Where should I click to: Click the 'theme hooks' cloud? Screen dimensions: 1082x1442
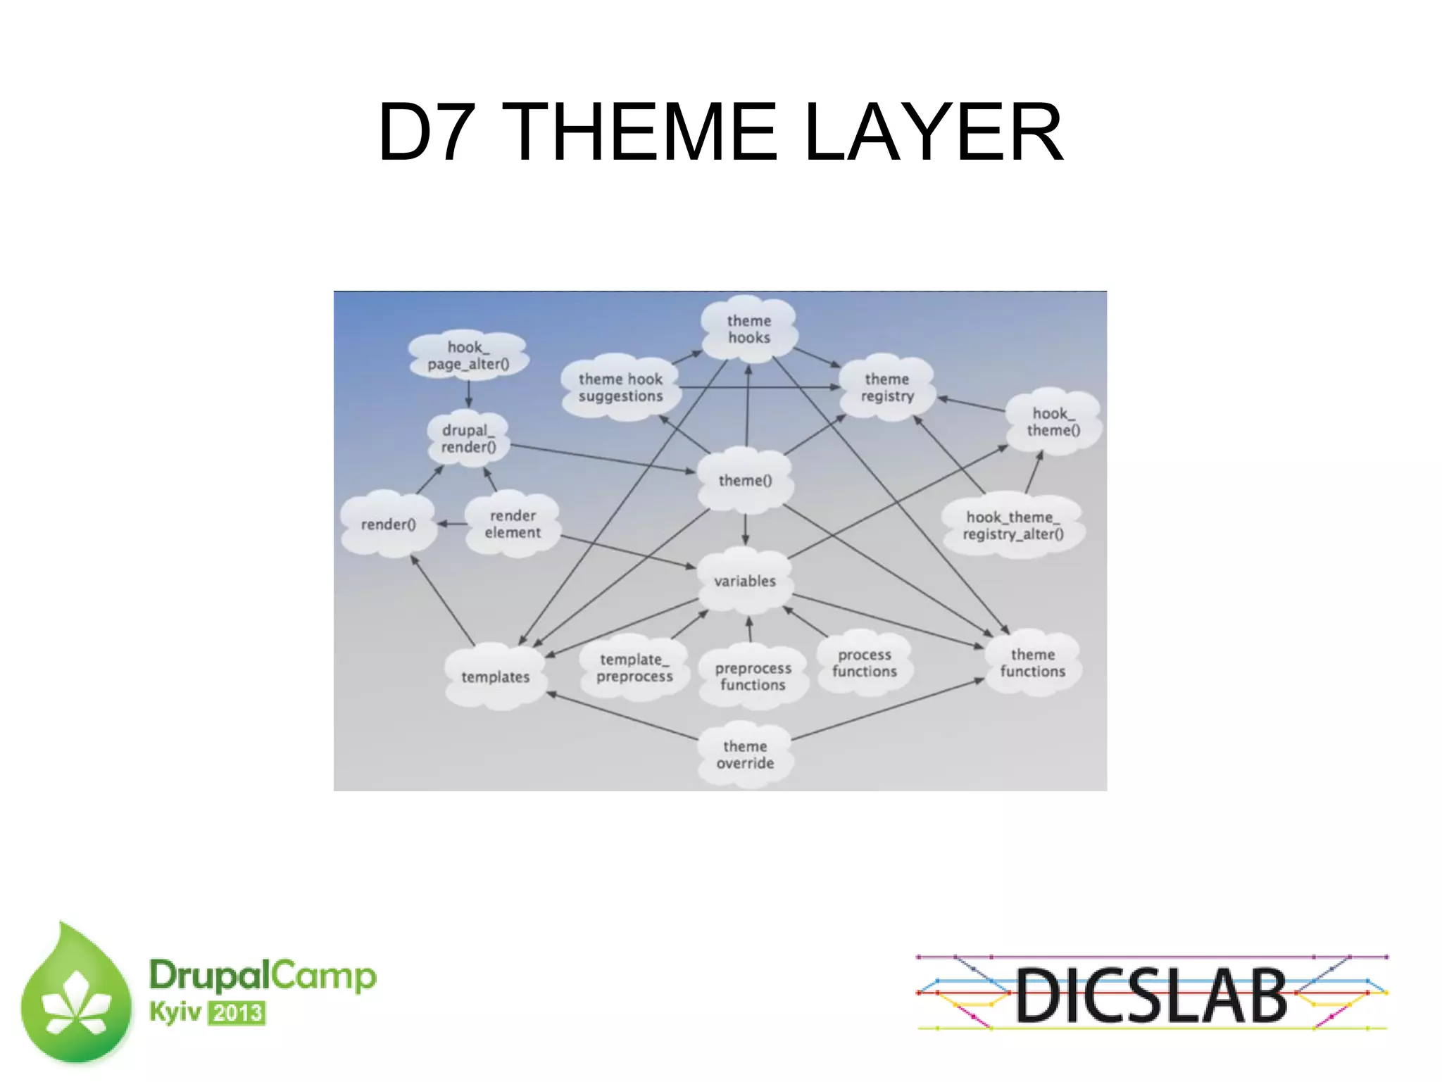coord(748,329)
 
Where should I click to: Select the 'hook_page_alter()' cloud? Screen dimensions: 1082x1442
coord(468,356)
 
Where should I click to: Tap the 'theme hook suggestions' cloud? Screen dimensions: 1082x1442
coord(620,388)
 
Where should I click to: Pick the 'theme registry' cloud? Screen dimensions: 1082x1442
coord(887,388)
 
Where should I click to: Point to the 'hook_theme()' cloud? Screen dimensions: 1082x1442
coord(1053,422)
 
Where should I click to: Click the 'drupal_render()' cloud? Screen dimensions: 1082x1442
coord(468,439)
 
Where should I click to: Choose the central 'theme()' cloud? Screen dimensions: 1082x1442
coord(745,481)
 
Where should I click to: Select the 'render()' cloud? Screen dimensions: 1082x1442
coord(388,524)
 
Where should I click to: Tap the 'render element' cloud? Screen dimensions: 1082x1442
coord(513,524)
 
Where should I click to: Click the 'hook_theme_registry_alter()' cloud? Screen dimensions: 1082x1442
coord(1012,526)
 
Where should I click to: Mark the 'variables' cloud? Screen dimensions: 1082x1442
coord(745,581)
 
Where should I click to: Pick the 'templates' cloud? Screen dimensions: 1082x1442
coord(495,677)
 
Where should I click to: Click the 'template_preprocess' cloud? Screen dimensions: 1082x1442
coord(634,668)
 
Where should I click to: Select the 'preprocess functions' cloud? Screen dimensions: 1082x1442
coord(753,677)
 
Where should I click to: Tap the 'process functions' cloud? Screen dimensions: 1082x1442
coord(865,663)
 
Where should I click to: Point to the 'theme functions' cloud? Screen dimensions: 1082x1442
coord(1032,663)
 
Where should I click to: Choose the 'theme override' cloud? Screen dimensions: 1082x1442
coord(745,755)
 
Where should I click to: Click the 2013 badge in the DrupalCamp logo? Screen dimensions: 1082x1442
coord(237,1013)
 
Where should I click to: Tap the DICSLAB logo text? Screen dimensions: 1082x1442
coord(1151,995)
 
